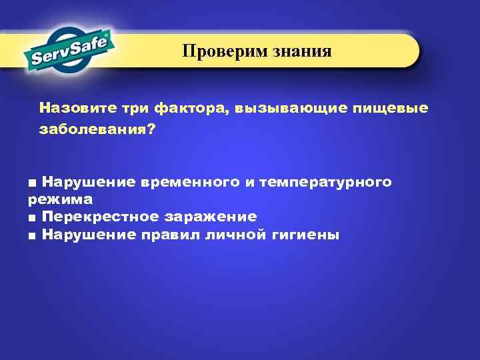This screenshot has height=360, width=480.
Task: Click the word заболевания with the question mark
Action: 97,130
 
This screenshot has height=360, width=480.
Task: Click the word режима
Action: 60,199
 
